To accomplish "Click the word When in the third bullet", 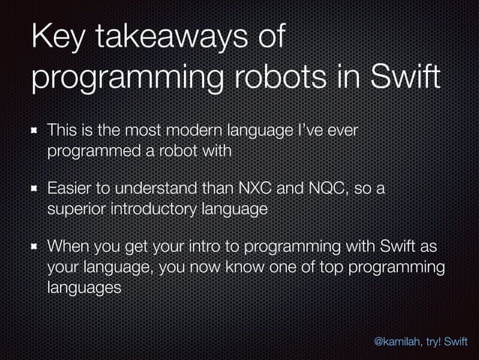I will pos(68,247).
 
